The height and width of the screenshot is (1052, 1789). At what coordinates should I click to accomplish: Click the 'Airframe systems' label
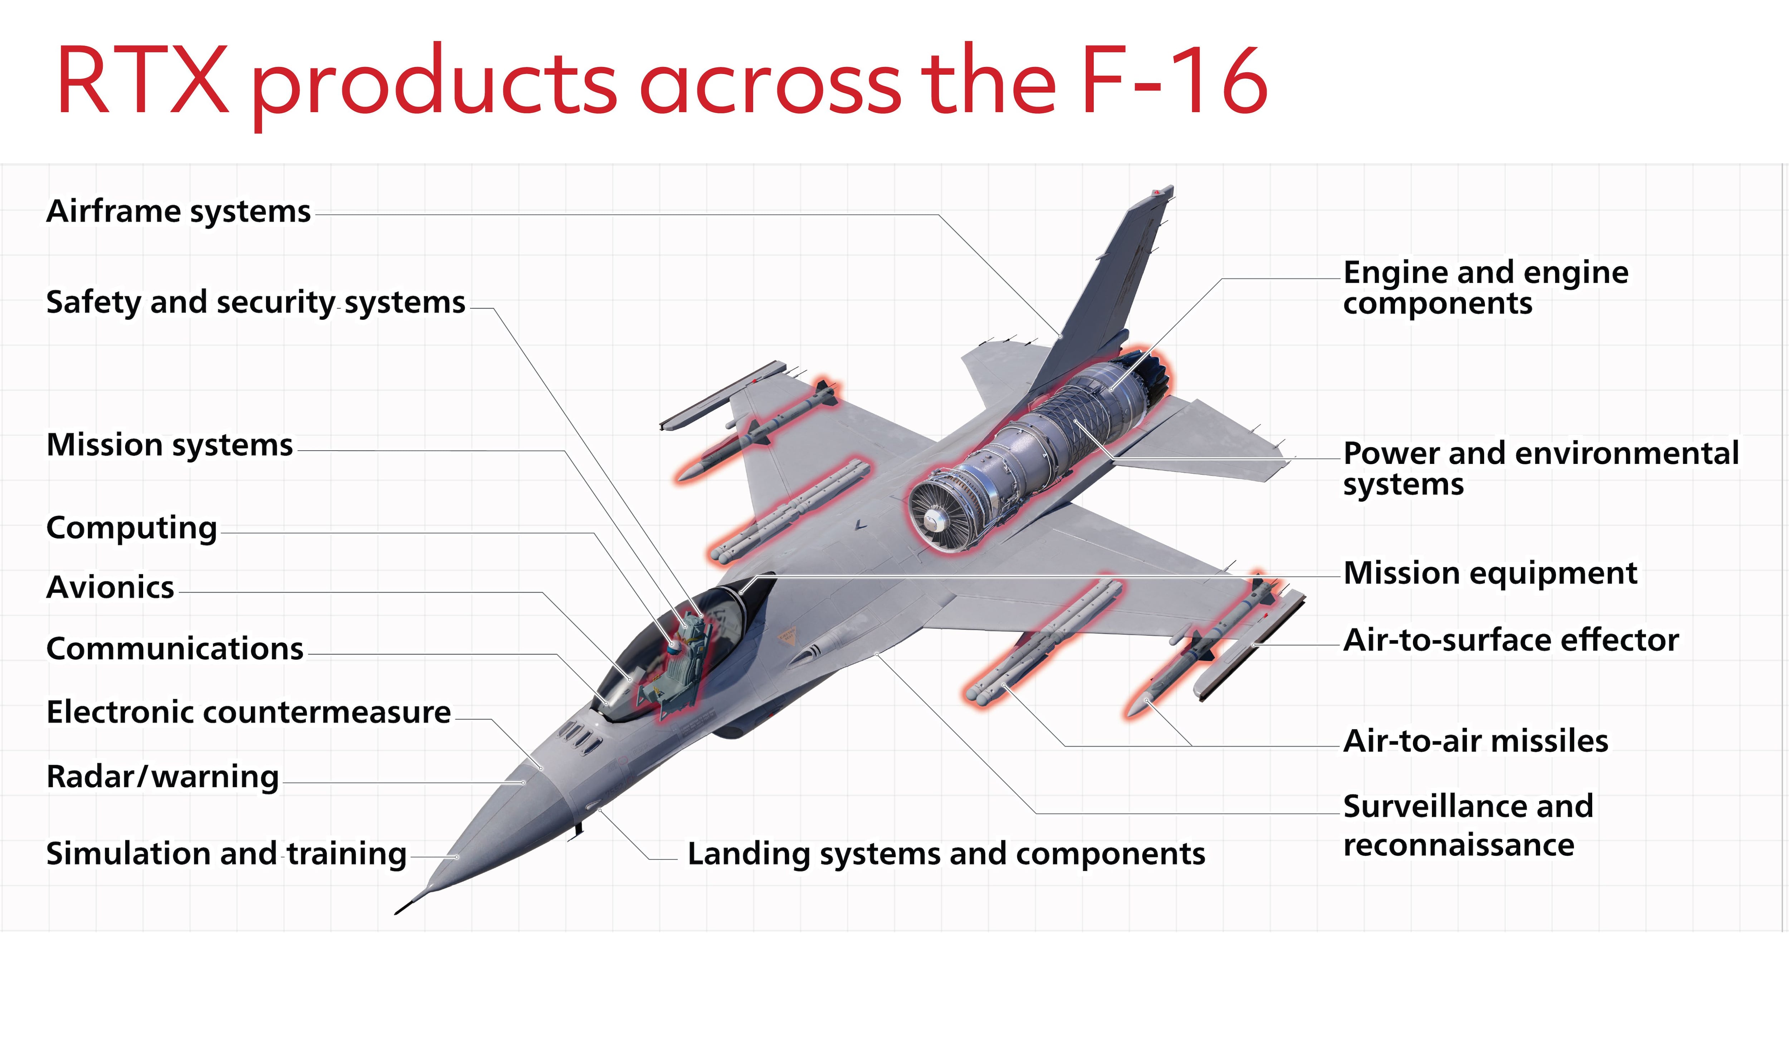(x=178, y=211)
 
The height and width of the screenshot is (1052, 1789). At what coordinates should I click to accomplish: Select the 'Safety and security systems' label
(x=255, y=302)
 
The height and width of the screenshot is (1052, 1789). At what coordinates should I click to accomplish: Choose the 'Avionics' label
(x=110, y=588)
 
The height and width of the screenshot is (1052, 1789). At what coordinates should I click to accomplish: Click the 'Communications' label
(x=175, y=649)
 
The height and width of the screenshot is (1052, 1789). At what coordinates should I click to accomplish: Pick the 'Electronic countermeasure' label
(x=248, y=712)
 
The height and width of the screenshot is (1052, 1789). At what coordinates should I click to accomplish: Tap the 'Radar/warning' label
(x=162, y=777)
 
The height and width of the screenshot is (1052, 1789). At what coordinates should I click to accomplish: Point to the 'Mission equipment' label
(x=1490, y=573)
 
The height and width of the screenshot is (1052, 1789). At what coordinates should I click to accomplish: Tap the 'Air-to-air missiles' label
(x=1476, y=741)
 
